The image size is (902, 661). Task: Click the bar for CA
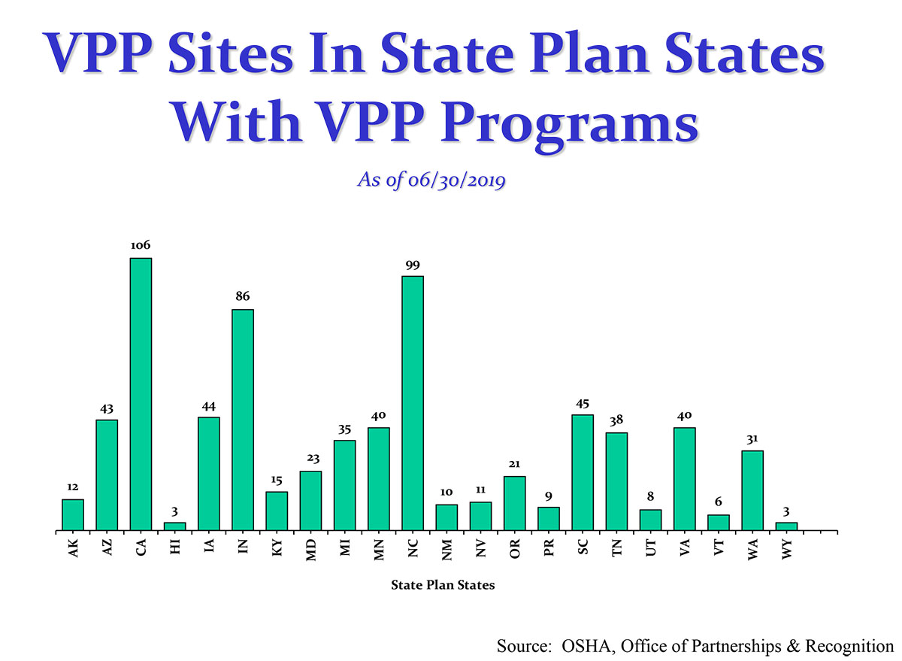pos(141,394)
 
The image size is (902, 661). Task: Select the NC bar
pos(413,403)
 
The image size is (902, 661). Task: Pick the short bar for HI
pos(174,526)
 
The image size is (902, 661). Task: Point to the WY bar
pos(786,526)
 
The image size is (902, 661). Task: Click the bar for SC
pos(583,472)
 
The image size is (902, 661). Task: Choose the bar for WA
pos(752,490)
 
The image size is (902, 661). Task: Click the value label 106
pos(141,245)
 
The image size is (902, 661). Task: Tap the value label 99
pos(413,264)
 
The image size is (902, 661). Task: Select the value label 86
pos(243,297)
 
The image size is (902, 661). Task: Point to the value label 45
pos(583,402)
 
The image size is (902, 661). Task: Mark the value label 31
pos(752,438)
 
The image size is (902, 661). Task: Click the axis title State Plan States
pos(443,584)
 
